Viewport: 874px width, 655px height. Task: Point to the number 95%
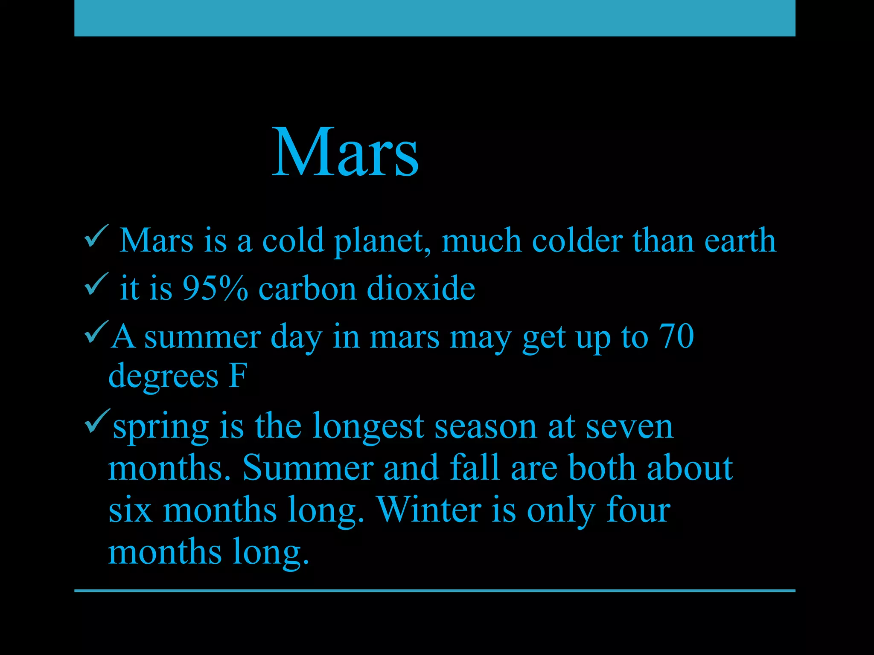[215, 288]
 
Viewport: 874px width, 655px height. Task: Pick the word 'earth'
[740, 240]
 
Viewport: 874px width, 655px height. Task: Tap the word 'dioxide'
[421, 288]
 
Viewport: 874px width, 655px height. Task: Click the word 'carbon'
[307, 288]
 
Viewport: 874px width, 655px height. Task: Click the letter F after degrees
[237, 376]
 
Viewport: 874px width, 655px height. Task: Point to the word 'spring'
[160, 427]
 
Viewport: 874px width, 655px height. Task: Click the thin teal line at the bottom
[434, 591]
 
